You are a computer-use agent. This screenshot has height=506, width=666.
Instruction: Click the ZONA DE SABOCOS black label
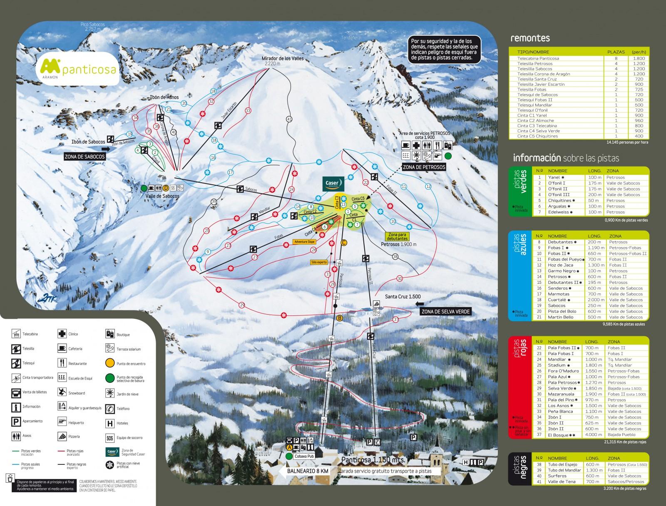tap(84, 156)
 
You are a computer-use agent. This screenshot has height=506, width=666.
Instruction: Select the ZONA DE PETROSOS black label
tap(424, 167)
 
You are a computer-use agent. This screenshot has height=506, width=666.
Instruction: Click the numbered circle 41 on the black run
tap(289, 119)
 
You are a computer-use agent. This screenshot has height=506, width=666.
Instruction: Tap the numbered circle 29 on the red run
tap(242, 305)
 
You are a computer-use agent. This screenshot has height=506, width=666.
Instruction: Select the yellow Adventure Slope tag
tap(304, 241)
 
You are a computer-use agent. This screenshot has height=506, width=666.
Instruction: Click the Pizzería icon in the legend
tap(62, 436)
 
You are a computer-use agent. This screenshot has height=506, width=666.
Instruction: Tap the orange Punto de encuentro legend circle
tap(110, 363)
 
